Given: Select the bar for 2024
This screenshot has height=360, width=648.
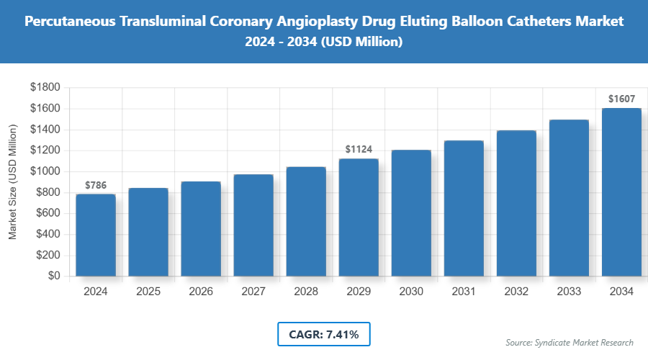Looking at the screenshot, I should [96, 235].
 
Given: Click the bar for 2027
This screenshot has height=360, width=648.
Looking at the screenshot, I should [253, 225].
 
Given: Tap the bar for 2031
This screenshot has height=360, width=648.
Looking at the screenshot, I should [464, 208].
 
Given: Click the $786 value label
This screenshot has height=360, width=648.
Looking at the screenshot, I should [96, 186].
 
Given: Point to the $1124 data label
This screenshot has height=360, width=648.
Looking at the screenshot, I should [359, 150].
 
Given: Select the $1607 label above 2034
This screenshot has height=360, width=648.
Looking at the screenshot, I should [621, 99].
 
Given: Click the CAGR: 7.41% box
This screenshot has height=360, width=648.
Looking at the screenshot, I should [323, 334].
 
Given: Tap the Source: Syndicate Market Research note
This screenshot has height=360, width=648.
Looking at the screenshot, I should [569, 343].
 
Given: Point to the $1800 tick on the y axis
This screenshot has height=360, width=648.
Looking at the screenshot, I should [45, 87].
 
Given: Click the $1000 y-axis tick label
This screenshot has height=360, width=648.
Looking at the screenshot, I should [45, 171].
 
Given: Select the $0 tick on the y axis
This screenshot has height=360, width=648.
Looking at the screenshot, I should [53, 276].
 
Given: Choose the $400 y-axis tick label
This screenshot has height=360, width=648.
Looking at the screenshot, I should [48, 234].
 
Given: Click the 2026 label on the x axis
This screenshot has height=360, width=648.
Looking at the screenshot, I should [201, 292].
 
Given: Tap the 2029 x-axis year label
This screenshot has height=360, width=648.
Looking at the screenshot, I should [359, 292].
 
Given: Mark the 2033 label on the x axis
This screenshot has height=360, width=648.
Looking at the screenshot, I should [569, 292].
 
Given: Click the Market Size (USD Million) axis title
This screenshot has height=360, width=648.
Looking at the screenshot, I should [12, 181].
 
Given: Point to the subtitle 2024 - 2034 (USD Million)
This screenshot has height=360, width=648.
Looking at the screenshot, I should [323, 42].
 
